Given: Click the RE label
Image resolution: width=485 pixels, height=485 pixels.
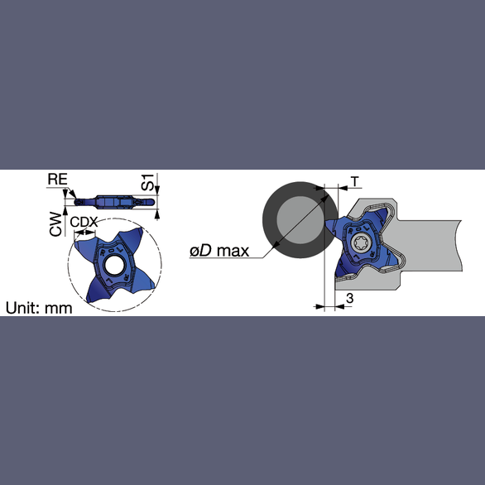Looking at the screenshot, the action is pyautogui.click(x=58, y=180).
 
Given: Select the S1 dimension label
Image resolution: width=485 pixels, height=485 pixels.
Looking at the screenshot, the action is pyautogui.click(x=147, y=182).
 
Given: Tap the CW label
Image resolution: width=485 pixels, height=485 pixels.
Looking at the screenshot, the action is pyautogui.click(x=55, y=224).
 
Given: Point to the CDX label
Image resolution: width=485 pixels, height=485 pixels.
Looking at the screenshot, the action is pyautogui.click(x=84, y=222).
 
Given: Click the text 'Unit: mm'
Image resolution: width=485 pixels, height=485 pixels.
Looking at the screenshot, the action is pyautogui.click(x=39, y=308).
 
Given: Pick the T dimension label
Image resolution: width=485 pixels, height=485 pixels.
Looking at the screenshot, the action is pyautogui.click(x=355, y=181).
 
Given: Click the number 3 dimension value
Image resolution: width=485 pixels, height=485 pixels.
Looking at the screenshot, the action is pyautogui.click(x=349, y=298).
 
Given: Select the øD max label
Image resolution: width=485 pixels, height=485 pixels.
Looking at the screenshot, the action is pyautogui.click(x=219, y=251).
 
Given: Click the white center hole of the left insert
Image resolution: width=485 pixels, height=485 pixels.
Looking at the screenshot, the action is pyautogui.click(x=115, y=265).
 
